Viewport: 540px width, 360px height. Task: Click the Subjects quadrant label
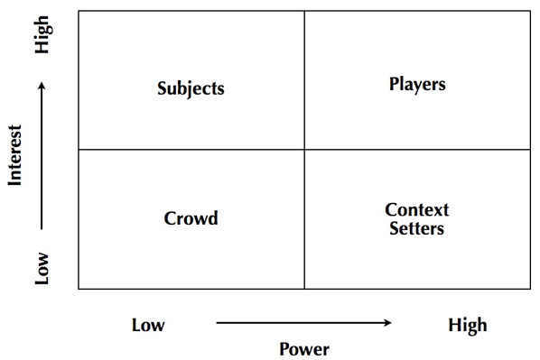[x=191, y=88]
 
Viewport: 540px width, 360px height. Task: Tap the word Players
[x=417, y=85]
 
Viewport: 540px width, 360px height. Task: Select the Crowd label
[x=191, y=218]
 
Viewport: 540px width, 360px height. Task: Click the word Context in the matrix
[x=417, y=210]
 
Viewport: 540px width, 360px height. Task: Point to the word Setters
[x=417, y=228]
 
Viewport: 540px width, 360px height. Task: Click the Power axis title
[x=304, y=349]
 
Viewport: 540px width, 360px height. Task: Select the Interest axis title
[x=14, y=154]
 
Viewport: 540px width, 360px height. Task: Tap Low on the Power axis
[x=148, y=325]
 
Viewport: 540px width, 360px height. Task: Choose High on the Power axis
[x=467, y=325]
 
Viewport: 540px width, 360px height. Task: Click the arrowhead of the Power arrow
[x=388, y=323]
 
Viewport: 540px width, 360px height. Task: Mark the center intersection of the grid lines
[x=304, y=150]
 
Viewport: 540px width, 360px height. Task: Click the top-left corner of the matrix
[x=79, y=11]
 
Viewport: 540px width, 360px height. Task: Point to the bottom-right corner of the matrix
[x=530, y=289]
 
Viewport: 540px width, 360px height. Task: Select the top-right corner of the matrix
[x=530, y=11]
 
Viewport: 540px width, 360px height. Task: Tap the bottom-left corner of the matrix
[x=79, y=289]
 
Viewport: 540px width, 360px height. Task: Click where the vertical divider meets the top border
[x=304, y=11]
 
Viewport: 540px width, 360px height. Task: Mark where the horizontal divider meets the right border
[x=530, y=150]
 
